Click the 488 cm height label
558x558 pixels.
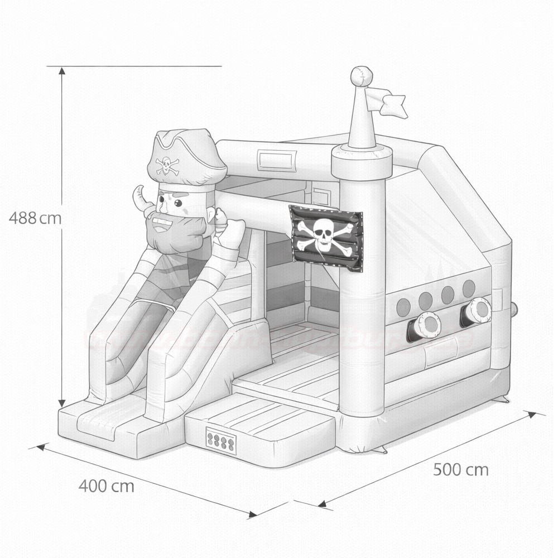coord(35,218)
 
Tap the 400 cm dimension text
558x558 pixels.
coord(106,486)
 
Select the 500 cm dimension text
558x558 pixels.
coord(460,470)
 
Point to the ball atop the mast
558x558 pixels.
coord(362,76)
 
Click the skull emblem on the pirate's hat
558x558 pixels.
coord(167,165)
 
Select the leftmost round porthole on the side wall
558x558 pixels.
coord(403,306)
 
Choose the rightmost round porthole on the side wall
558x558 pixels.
coord(469,288)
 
